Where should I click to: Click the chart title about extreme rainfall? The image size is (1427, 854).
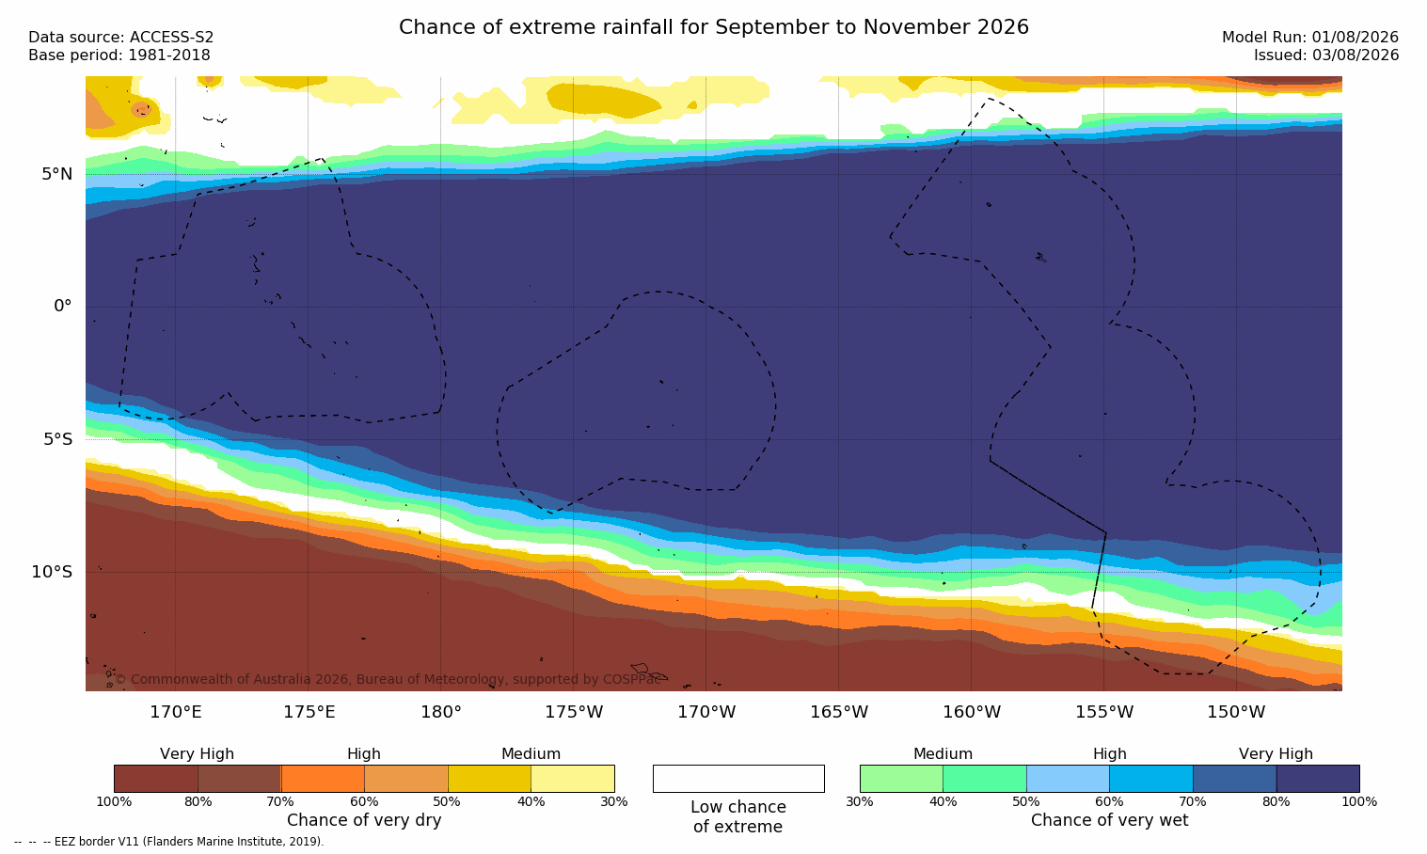[x=713, y=27]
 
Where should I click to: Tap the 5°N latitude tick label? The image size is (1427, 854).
[x=56, y=174]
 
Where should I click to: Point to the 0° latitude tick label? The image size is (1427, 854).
[x=62, y=307]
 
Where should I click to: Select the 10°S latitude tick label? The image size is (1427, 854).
[x=52, y=572]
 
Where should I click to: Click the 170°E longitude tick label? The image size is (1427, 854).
[x=176, y=712]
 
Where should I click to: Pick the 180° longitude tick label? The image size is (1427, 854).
[x=441, y=712]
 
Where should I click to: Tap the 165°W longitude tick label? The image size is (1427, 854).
[x=839, y=712]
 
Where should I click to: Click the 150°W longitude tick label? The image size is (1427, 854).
[x=1237, y=712]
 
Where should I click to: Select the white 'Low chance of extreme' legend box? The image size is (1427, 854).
[x=738, y=778]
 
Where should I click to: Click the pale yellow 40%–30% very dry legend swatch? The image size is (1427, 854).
[x=573, y=778]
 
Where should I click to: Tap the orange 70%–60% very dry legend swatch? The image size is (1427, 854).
[x=323, y=778]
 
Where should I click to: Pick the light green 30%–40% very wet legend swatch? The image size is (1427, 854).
[x=901, y=778]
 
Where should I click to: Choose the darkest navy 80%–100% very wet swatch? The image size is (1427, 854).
[x=1318, y=778]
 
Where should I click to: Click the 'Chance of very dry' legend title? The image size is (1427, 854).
[x=364, y=820]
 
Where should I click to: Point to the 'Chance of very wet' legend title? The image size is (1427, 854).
[x=1110, y=820]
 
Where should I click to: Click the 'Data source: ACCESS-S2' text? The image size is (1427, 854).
[x=121, y=38]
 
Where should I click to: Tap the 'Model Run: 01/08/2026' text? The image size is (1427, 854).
[x=1309, y=38]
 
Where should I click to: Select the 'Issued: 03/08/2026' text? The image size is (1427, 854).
[x=1326, y=55]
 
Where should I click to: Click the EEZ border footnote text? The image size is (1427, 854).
[x=168, y=841]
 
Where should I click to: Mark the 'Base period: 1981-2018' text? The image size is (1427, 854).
[x=119, y=55]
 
